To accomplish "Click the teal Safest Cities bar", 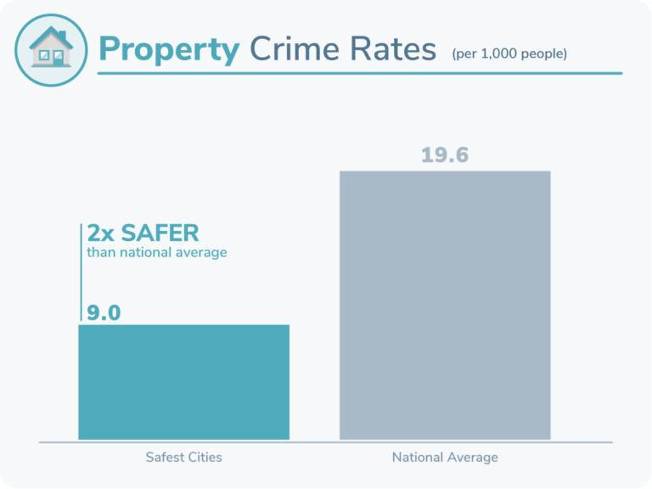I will click(x=183, y=382).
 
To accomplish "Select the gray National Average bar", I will click(x=445, y=306).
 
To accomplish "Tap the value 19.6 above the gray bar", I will click(x=445, y=156).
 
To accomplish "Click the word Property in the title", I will click(x=169, y=50).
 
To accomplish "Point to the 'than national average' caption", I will click(x=156, y=252).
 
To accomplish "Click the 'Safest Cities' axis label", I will click(x=183, y=457).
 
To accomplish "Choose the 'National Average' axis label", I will click(x=445, y=457).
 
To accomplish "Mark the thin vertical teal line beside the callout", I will click(x=81, y=272).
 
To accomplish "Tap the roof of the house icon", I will click(x=51, y=36).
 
